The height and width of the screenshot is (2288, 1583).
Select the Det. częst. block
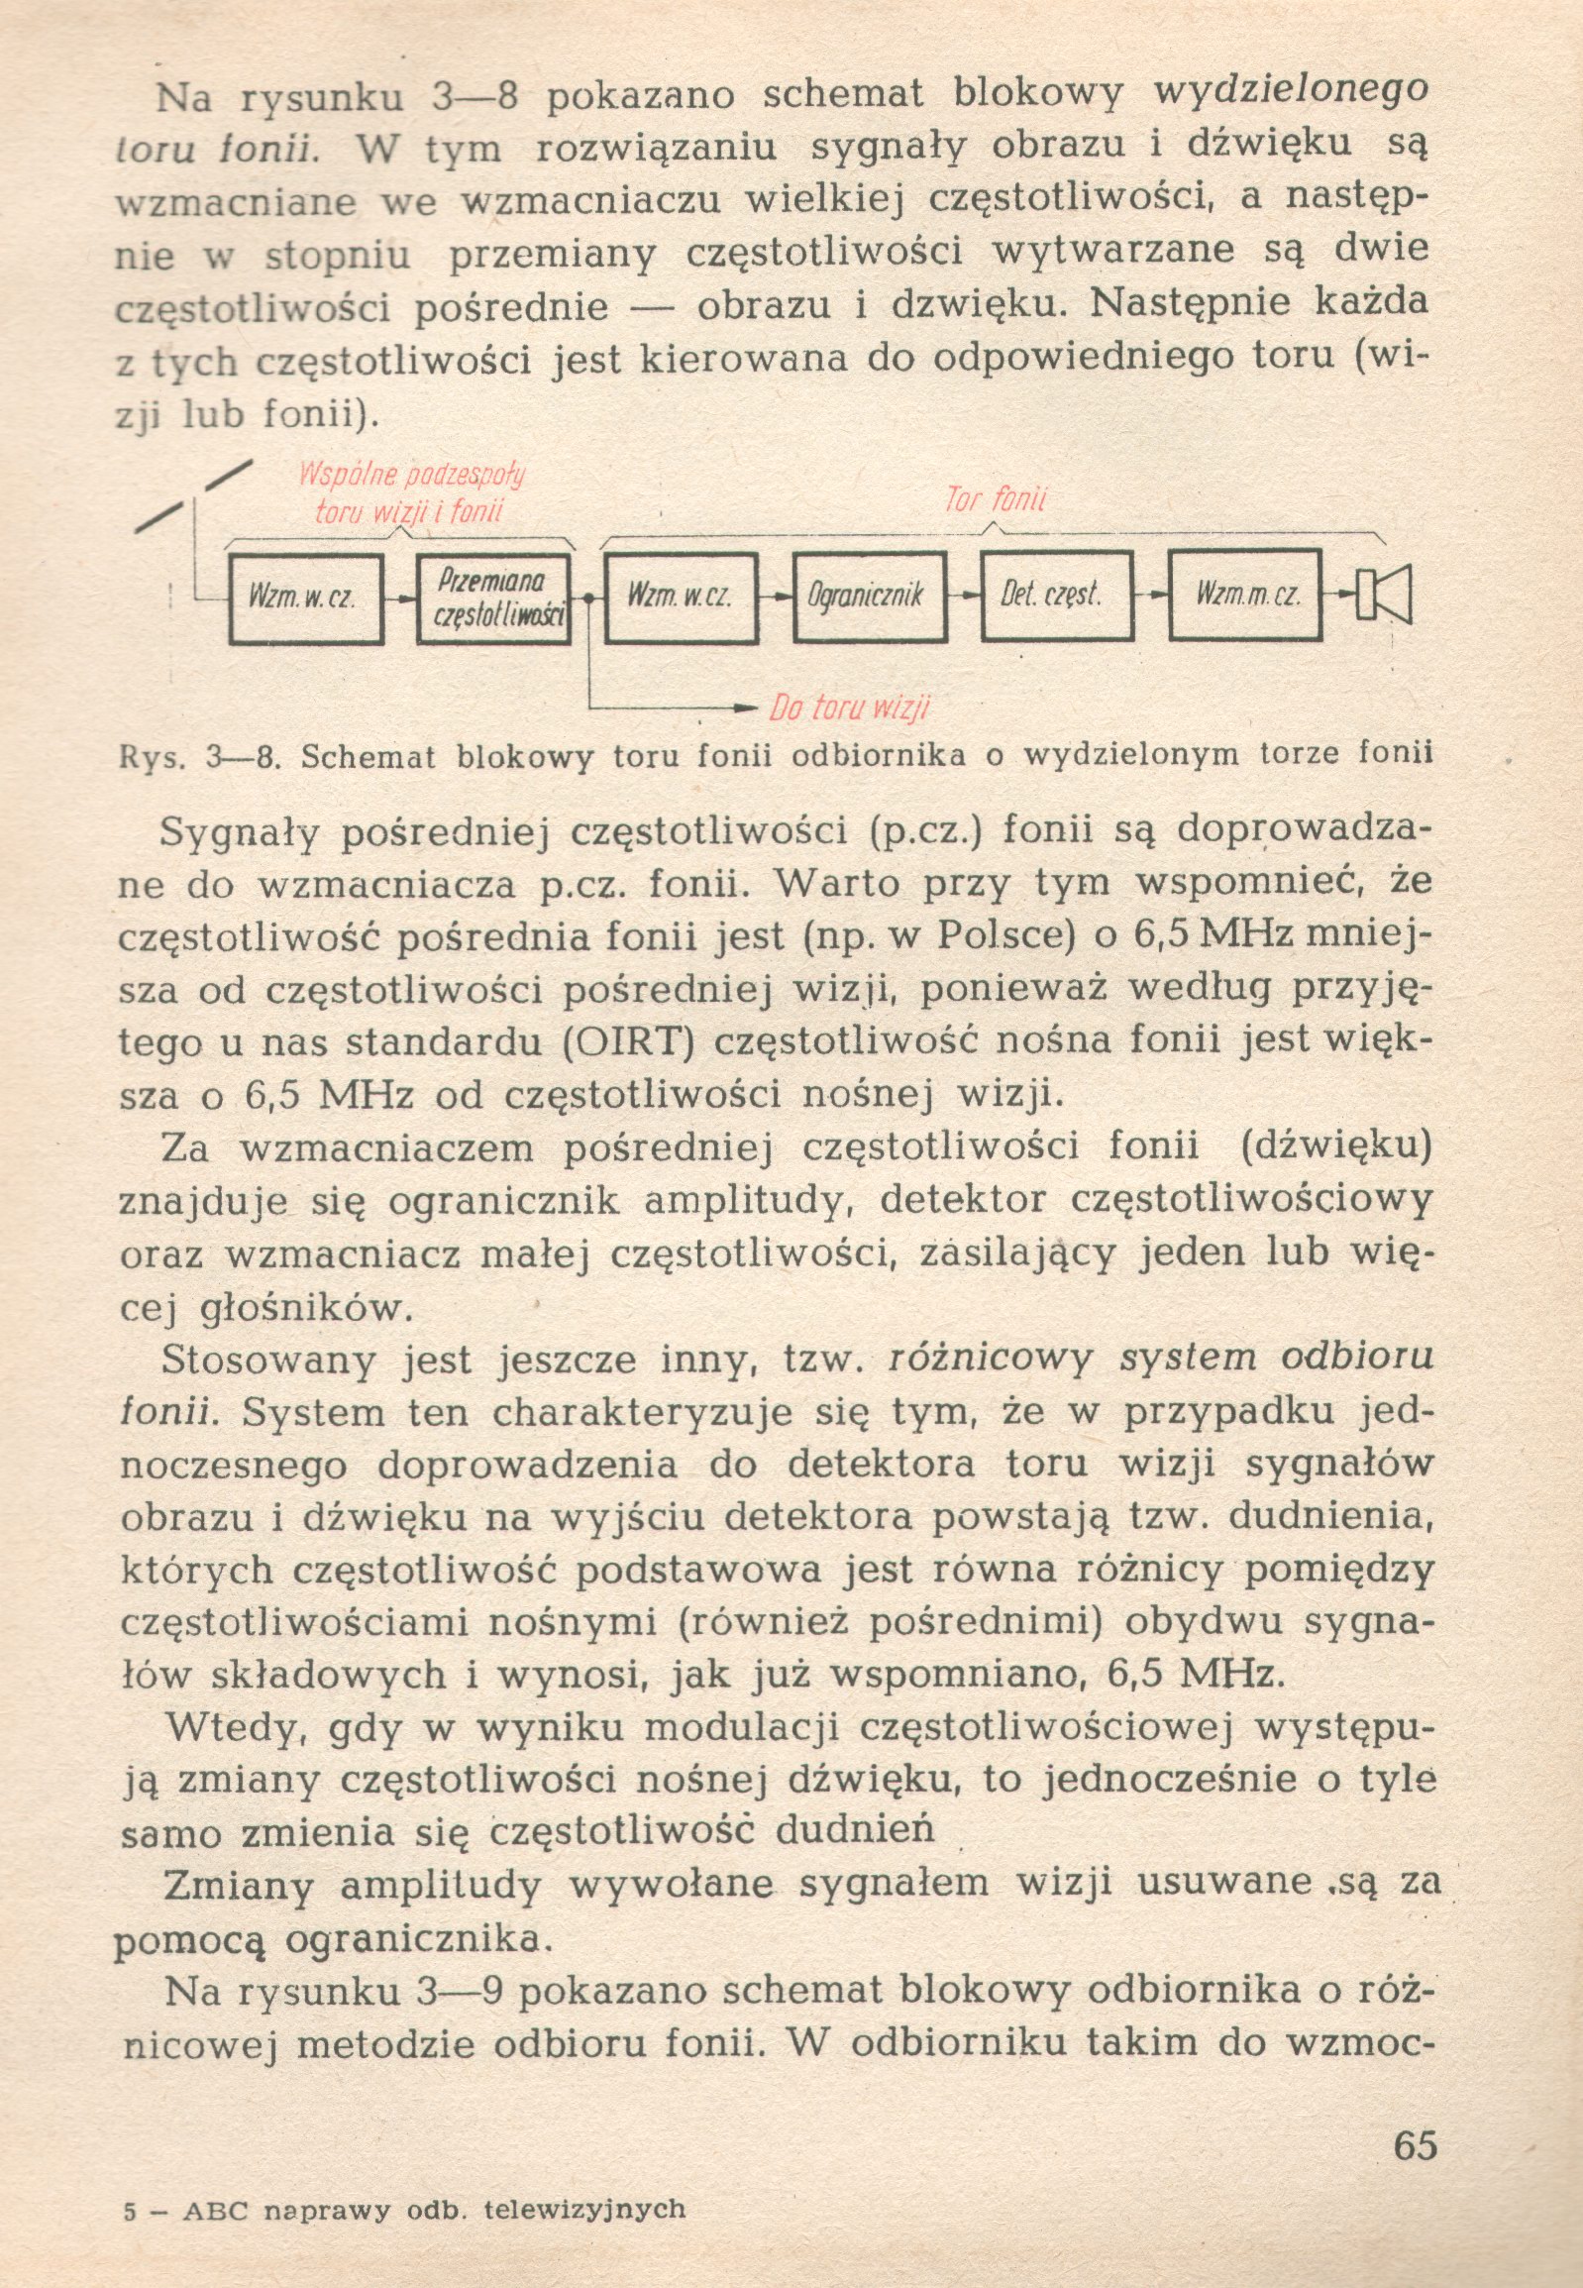click(x=1056, y=597)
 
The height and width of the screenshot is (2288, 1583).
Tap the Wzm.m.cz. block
click(x=1245, y=597)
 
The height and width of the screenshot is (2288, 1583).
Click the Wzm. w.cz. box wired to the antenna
click(x=305, y=599)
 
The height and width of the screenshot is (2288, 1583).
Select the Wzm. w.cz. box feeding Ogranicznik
click(x=681, y=597)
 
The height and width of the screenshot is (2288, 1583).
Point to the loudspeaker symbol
click(x=1388, y=596)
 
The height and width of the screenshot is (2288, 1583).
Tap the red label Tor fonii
click(x=995, y=501)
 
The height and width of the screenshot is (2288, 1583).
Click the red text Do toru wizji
click(x=850, y=708)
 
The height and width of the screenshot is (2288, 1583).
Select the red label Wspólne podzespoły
click(x=412, y=475)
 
